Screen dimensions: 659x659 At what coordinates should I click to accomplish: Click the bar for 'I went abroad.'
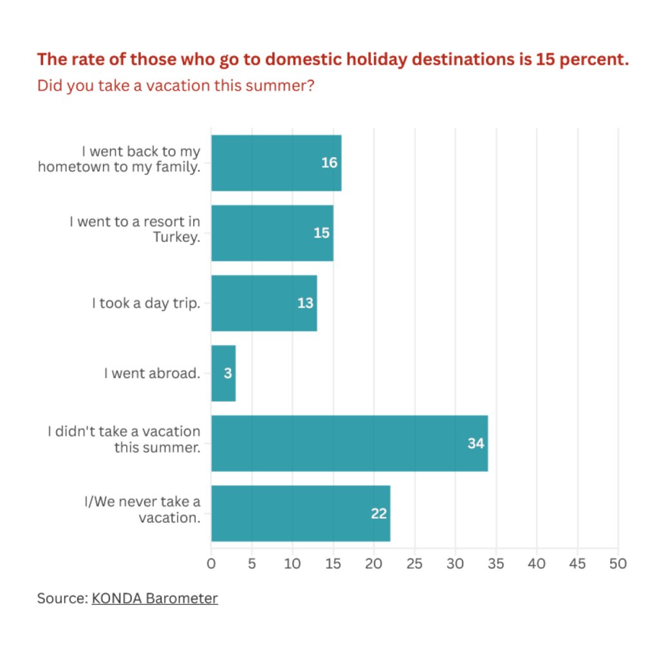tap(223, 373)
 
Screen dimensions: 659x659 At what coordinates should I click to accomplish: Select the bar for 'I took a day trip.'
tap(264, 303)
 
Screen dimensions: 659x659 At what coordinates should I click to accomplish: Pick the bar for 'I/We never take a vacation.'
tap(300, 514)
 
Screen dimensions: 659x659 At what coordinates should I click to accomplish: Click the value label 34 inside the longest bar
tap(476, 443)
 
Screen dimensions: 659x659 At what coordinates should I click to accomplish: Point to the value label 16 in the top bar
tap(329, 163)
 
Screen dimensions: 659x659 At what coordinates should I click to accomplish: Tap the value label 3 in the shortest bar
tap(228, 373)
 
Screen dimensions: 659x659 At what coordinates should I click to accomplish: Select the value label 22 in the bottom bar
tap(379, 514)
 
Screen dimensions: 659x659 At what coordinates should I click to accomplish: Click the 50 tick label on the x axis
tap(618, 564)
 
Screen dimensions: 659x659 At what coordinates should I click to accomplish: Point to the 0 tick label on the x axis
tap(211, 564)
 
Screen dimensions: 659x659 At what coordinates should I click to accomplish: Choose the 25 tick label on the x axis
tap(414, 564)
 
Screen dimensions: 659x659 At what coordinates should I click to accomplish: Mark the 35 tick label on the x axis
tap(496, 564)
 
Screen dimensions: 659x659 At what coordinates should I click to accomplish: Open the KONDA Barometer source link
tap(154, 599)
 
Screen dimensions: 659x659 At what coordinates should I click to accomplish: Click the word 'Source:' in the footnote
tap(62, 599)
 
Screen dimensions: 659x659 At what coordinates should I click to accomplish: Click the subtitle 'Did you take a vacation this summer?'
tap(176, 86)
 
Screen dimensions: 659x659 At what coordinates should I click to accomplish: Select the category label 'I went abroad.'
tap(152, 373)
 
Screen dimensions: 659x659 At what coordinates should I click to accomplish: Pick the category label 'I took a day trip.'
tap(145, 303)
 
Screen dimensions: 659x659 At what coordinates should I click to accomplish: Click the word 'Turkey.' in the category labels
tap(177, 236)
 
